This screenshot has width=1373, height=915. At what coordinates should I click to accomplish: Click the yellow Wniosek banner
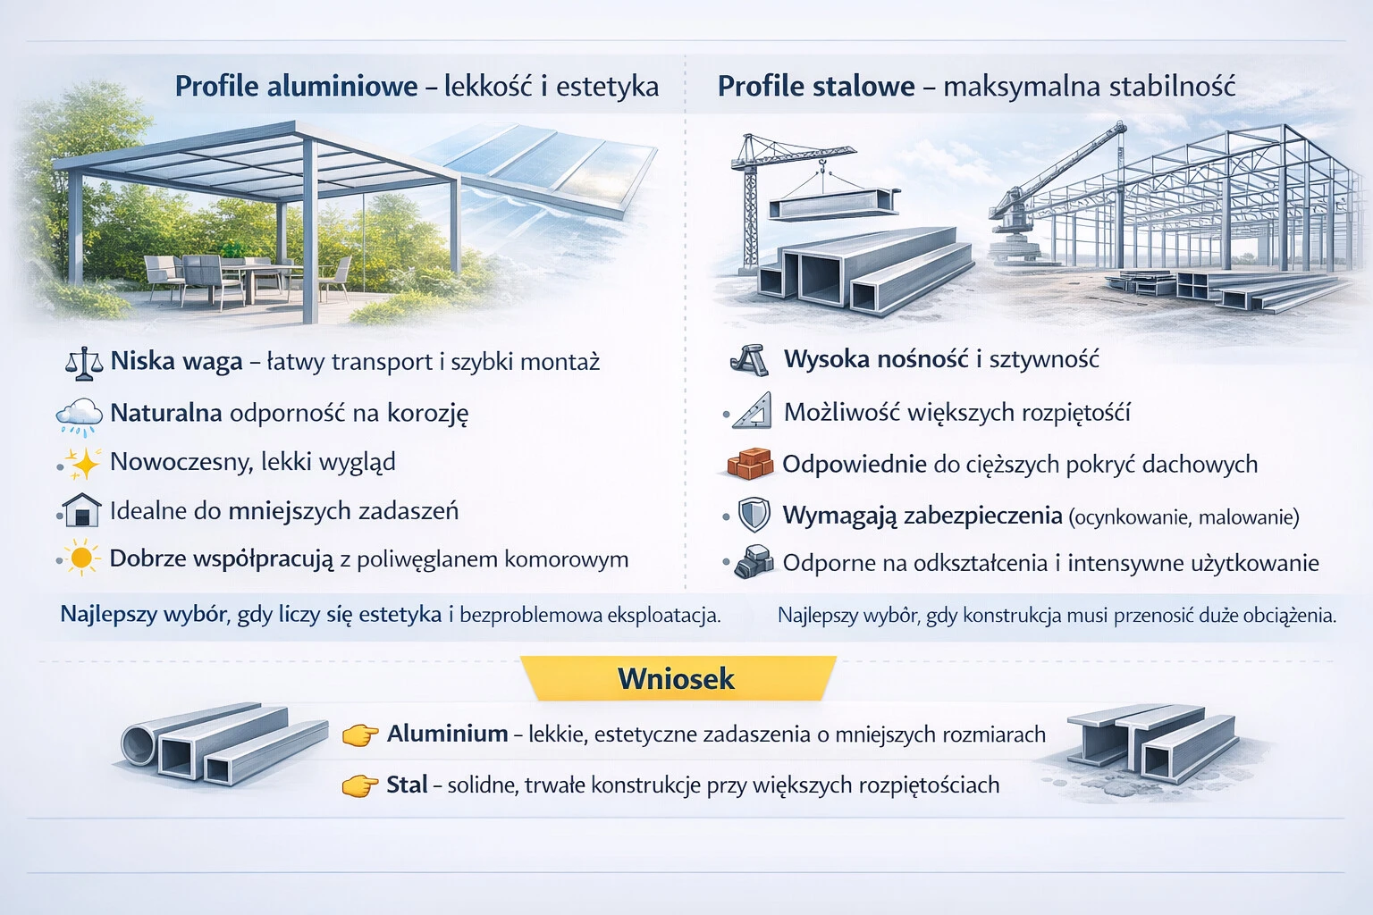click(677, 678)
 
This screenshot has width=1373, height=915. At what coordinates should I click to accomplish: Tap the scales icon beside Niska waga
click(84, 362)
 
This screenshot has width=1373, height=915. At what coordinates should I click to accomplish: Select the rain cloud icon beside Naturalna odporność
click(80, 415)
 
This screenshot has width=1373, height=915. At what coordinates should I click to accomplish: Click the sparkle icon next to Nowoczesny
click(82, 463)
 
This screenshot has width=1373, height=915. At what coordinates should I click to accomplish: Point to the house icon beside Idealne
click(81, 511)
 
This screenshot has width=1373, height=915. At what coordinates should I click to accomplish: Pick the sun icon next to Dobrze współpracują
click(82, 558)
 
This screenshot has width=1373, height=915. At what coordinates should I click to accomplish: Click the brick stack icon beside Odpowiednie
click(749, 464)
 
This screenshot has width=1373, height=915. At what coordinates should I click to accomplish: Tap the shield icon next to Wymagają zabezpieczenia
click(754, 516)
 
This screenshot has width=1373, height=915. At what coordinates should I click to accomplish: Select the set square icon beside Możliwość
click(753, 411)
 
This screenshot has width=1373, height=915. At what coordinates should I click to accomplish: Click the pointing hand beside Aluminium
click(360, 735)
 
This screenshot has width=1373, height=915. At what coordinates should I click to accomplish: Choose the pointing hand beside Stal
click(360, 785)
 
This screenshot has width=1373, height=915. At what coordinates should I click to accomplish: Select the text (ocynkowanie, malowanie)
click(1184, 516)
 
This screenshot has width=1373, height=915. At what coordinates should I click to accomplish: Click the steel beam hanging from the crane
click(833, 205)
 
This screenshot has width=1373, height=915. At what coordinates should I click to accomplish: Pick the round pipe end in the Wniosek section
click(140, 743)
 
